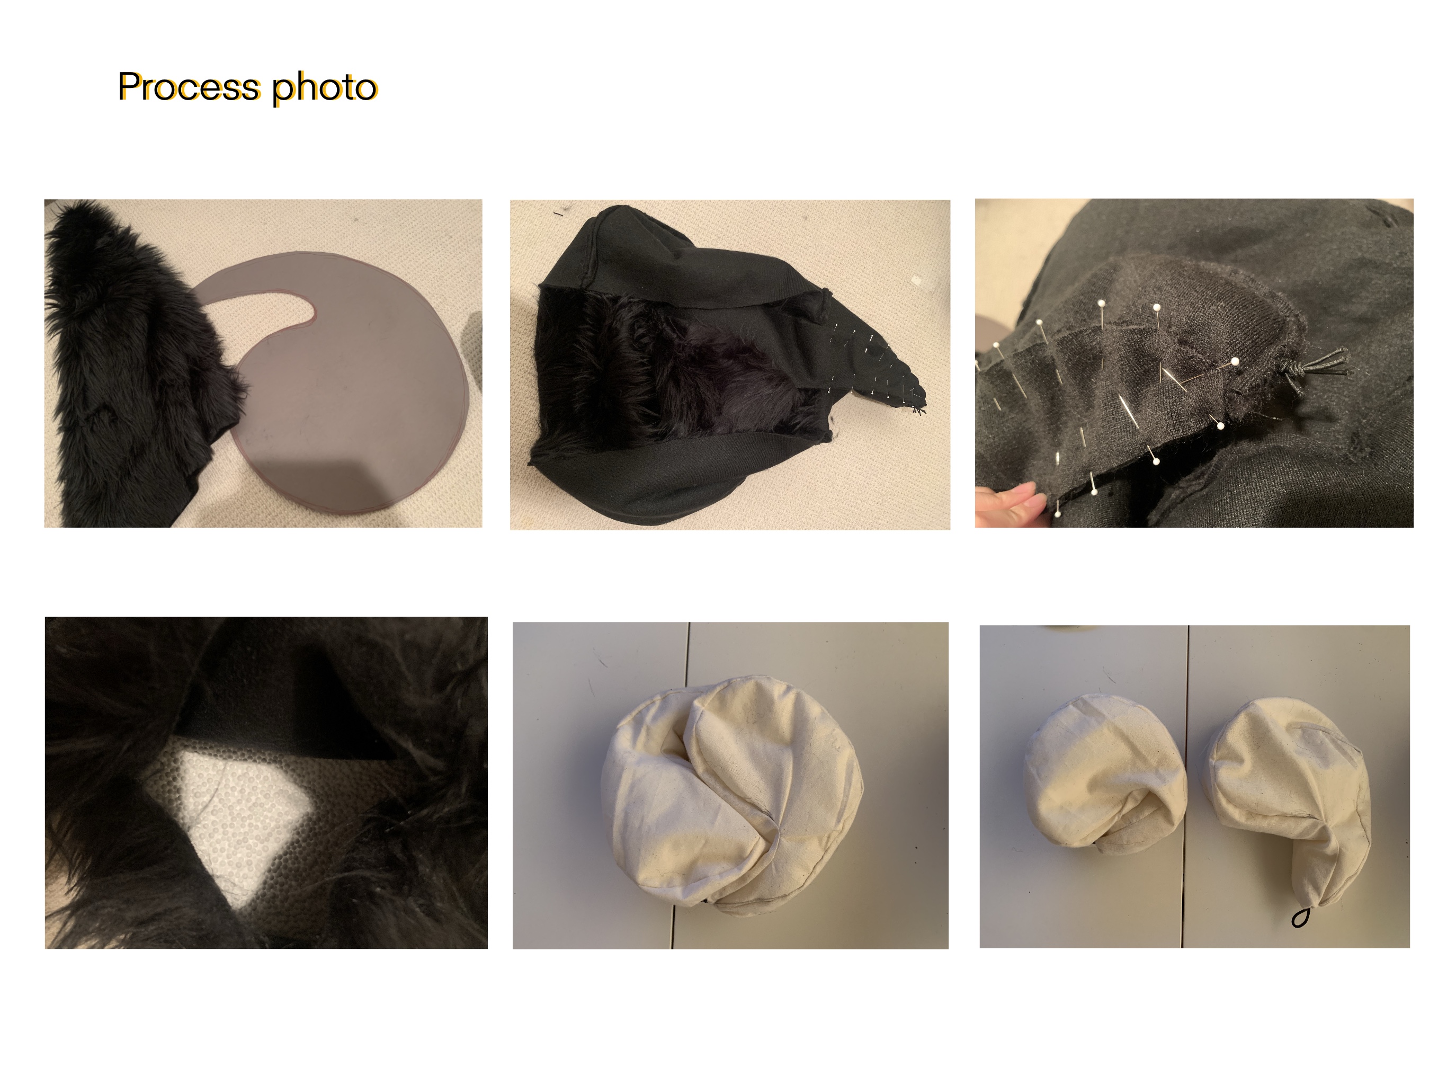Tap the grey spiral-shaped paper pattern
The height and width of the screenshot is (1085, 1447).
(x=340, y=386)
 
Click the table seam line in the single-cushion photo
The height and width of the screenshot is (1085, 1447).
(x=680, y=785)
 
